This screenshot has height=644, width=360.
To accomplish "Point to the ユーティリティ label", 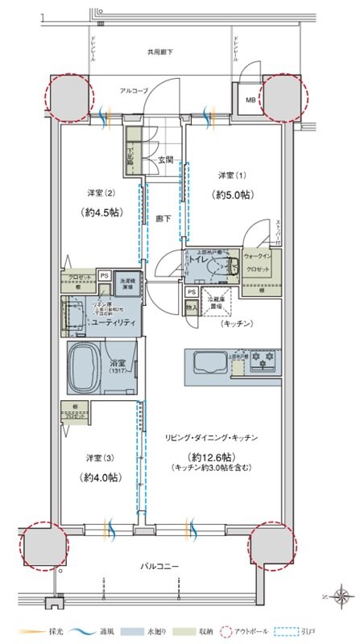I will pyautogui.click(x=112, y=322).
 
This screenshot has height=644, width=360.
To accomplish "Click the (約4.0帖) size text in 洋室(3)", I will pyautogui.click(x=101, y=477).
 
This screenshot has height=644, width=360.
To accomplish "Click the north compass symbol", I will pyautogui.click(x=341, y=597).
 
